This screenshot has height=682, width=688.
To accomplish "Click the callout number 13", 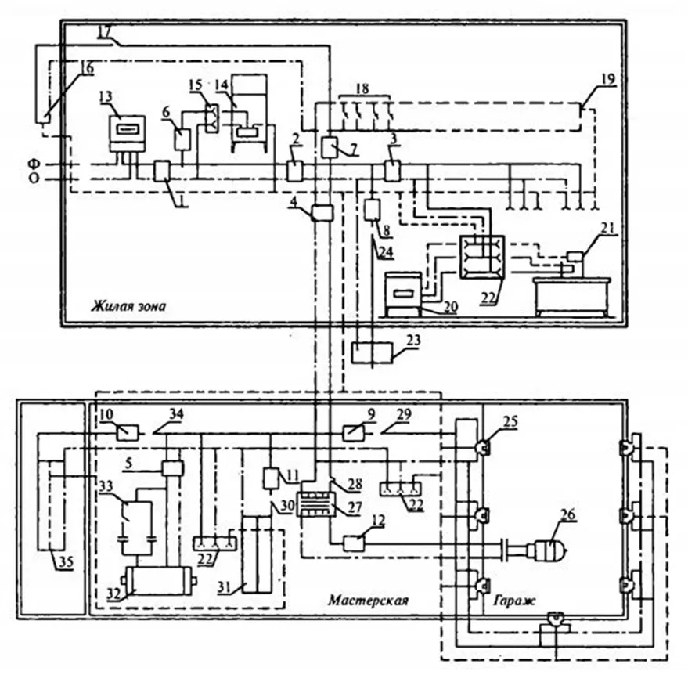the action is click(106, 96).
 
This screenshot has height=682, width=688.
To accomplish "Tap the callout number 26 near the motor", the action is click(567, 514).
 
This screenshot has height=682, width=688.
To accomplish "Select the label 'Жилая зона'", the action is click(128, 305).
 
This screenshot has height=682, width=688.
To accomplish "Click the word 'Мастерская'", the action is click(368, 600).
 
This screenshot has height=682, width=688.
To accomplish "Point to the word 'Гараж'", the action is click(513, 600).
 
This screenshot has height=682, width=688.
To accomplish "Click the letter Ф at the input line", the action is click(34, 164).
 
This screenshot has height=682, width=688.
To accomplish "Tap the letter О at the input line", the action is click(34, 179).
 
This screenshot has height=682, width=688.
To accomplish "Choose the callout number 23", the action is click(413, 340).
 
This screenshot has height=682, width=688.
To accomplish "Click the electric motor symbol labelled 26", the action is click(546, 550).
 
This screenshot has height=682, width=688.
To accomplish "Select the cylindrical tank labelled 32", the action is click(159, 579).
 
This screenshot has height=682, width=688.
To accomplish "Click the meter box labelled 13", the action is click(127, 133).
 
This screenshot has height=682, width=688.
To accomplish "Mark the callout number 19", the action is click(608, 79).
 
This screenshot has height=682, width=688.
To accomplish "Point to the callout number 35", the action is click(67, 562).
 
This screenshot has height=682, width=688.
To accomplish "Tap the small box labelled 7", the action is click(330, 147).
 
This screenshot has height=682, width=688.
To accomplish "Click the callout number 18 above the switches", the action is click(363, 88).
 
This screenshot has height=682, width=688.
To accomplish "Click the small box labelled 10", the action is click(128, 433).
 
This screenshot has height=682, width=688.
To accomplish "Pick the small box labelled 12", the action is click(354, 544).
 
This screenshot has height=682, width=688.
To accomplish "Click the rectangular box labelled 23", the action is click(373, 352).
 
